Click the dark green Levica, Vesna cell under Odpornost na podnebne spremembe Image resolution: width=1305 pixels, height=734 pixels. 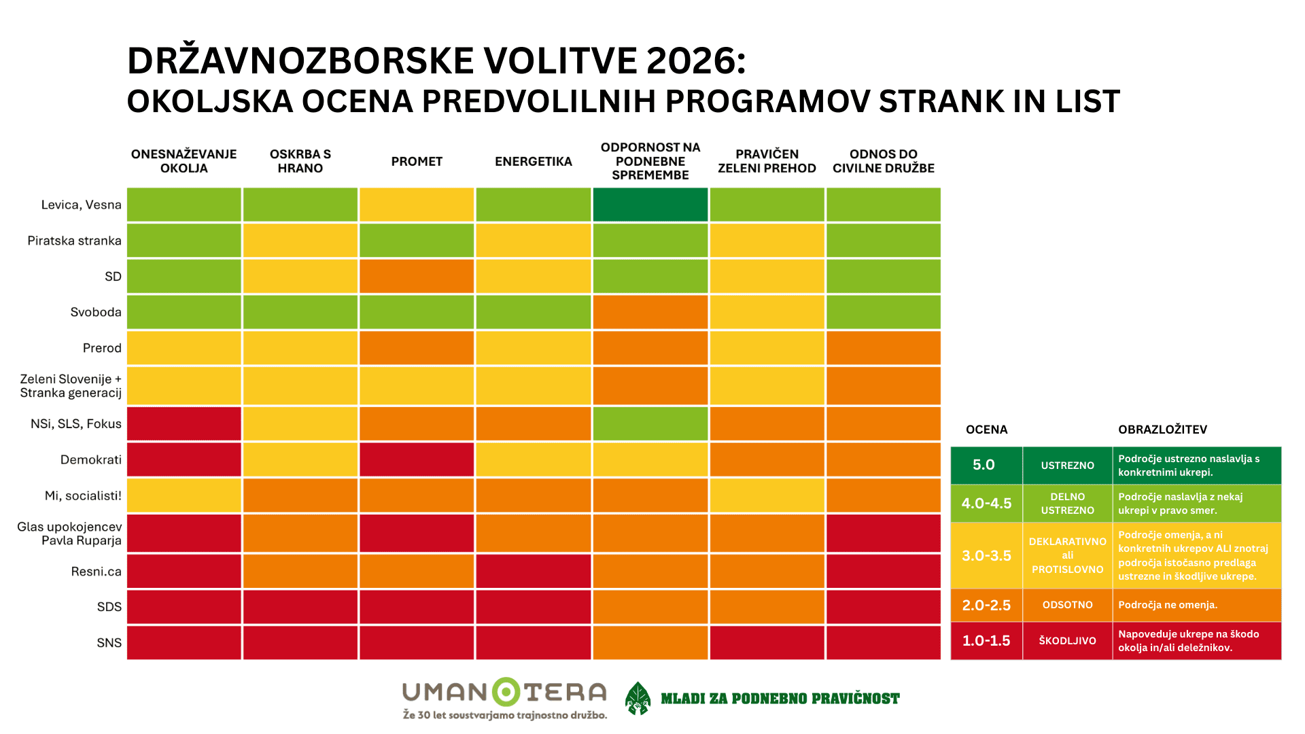coord(650,205)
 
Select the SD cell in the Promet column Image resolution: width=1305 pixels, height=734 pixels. coord(416,276)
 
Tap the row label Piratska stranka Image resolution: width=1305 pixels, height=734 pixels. coord(74,241)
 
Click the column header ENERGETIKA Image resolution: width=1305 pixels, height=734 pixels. coord(533,162)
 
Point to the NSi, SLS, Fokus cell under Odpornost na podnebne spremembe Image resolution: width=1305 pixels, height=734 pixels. coord(650,423)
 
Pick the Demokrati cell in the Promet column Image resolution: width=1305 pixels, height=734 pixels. coord(416,459)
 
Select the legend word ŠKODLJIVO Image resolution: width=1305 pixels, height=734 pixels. coord(1067,640)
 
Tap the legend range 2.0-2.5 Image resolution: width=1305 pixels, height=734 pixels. coord(986,605)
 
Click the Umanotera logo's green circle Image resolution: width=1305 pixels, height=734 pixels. coord(506,692)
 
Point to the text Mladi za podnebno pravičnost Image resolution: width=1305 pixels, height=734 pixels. coord(780,699)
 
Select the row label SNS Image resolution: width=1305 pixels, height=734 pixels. coord(109,643)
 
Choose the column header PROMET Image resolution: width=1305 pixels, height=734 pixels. coord(416,162)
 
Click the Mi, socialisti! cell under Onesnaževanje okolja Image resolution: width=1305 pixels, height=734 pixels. coord(184,495)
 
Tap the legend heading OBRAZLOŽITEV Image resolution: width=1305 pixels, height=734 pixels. coord(1162,430)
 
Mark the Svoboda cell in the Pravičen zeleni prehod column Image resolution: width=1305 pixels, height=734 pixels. coord(767,312)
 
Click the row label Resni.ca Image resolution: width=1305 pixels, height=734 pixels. coord(96,572)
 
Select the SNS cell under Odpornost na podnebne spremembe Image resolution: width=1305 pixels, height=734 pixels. coord(650,643)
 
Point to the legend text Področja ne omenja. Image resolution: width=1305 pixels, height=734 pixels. coord(1167,605)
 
